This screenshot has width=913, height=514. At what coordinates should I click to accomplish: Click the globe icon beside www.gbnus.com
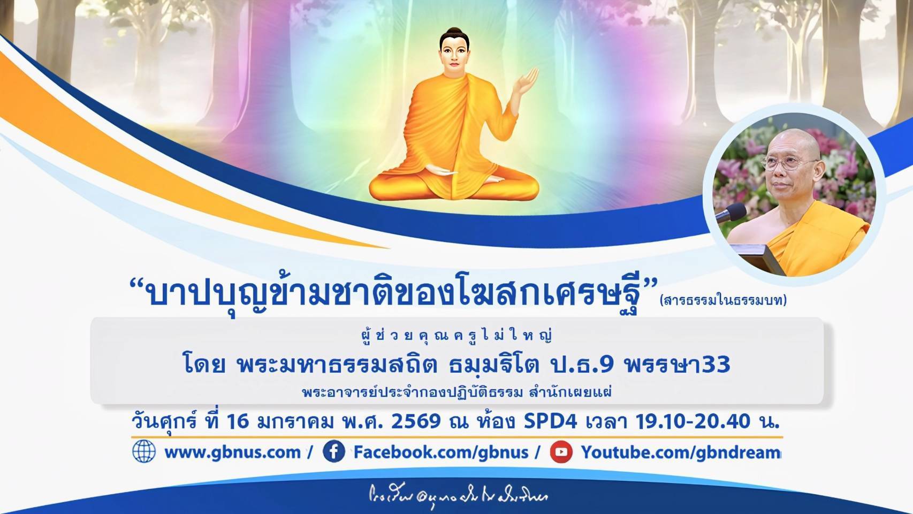coord(143,451)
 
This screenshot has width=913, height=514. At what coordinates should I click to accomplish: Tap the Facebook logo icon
coord(333,452)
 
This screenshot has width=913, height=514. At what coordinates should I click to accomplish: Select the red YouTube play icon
coord(561,452)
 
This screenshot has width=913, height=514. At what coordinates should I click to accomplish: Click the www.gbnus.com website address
coord(233,452)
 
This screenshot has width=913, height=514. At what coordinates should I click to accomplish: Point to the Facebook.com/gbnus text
coord(441,452)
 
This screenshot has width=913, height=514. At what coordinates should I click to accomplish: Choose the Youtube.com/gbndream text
coord(681,452)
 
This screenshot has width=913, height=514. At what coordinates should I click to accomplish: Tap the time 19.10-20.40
coord(693,421)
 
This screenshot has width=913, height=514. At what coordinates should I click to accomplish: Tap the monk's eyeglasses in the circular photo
coord(788,162)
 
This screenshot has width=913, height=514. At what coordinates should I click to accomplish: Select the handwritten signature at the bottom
coord(458,495)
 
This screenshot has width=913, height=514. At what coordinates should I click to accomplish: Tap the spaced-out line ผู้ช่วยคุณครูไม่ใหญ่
coord(456,336)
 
